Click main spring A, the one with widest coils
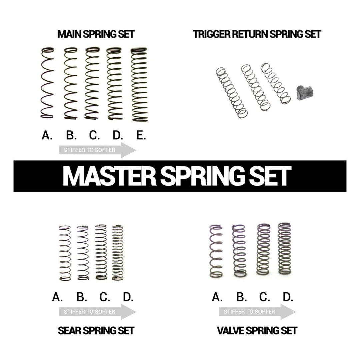tap(47, 83)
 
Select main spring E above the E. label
tap(139, 84)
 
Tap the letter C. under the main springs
tap(94, 135)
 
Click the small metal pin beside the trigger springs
tap(305, 93)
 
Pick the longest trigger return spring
tap(232, 93)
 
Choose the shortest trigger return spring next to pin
tap(276, 83)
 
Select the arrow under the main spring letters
tap(98, 150)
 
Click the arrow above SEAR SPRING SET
tap(98, 312)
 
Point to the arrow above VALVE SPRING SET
tap(257, 312)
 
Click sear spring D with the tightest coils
tap(118, 253)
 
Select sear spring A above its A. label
tap(65, 253)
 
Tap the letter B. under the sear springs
tap(82, 297)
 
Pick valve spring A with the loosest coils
tap(216, 251)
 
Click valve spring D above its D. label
tap(285, 249)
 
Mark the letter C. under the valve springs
tap(264, 297)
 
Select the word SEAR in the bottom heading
tap(70, 331)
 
